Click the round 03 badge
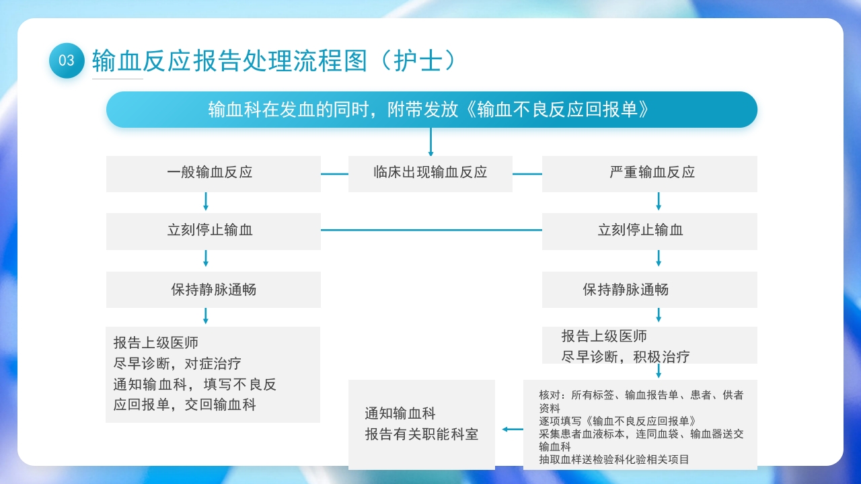point(67,61)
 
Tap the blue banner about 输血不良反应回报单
point(431,110)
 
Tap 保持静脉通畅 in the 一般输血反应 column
point(213,290)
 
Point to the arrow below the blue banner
point(430,142)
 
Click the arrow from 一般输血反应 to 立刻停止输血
point(206,202)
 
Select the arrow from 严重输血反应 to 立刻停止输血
point(659,202)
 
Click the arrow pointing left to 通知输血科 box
point(513,430)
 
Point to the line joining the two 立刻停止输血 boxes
point(431,230)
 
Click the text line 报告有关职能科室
point(421,434)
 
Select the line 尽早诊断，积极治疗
point(626,356)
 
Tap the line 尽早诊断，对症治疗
point(177,364)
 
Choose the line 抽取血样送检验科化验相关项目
point(613,460)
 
